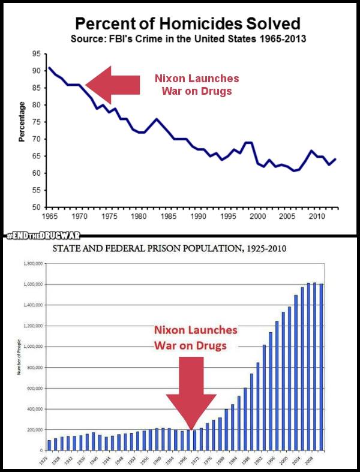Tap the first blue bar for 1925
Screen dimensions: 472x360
tap(49, 445)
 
